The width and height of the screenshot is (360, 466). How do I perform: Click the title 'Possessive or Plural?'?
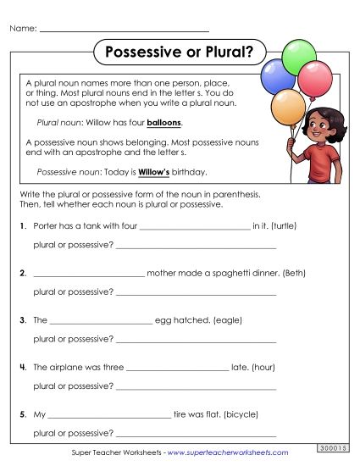tap(178, 52)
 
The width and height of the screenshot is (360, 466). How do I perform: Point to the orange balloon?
tap(288, 106)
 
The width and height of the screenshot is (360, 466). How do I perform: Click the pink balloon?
tap(316, 80)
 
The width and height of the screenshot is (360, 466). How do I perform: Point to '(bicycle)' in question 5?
tap(240, 415)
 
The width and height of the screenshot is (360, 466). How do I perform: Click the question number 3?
tap(22, 321)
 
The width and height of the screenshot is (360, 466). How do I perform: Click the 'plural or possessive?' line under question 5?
tap(196, 434)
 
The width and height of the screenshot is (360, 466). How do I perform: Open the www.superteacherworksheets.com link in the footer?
tap(227, 453)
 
